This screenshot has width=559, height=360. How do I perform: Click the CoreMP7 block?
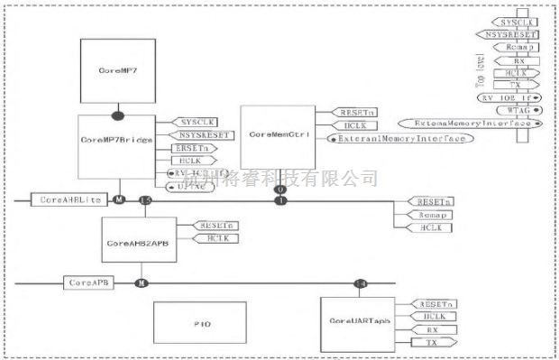115,69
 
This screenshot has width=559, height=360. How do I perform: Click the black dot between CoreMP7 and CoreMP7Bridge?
117,115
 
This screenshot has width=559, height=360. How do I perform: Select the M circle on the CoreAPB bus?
140,282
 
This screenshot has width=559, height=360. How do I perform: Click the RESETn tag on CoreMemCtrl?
349,111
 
